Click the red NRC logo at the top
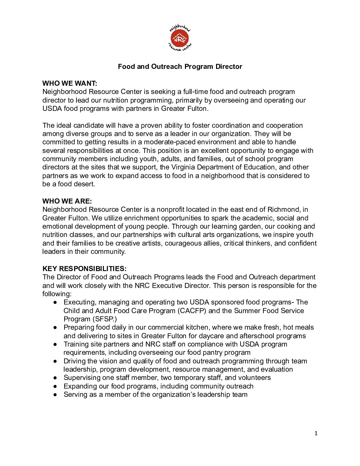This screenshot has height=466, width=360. click(180, 39)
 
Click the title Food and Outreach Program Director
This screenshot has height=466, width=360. click(180, 67)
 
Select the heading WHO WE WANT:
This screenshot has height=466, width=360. click(70, 83)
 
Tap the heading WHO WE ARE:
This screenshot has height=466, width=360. click(67, 201)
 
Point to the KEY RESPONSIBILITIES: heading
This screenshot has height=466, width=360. click(84, 269)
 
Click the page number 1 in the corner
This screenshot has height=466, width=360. click(316, 434)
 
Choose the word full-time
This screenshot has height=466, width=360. click(196, 92)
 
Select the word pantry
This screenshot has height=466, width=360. click(211, 352)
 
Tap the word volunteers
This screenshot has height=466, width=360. click(254, 378)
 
